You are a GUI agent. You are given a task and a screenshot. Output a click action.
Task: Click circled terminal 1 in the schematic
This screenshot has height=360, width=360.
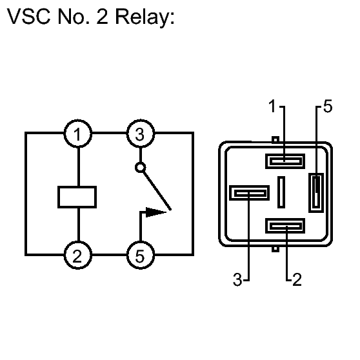pos(78,134)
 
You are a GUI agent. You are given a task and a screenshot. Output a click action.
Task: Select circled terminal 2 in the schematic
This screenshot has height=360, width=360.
pos(78,255)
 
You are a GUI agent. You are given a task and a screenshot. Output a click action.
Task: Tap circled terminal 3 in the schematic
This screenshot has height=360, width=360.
pos(141,134)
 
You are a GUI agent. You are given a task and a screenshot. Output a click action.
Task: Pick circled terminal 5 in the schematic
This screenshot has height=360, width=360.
pos(141,255)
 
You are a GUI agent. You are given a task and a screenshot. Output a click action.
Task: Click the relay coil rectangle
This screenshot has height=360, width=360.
pos(77,197)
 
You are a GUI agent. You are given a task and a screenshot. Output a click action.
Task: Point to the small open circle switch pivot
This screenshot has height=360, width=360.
pos(140,168)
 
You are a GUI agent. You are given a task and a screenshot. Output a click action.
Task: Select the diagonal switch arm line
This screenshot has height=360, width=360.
pos(157,190)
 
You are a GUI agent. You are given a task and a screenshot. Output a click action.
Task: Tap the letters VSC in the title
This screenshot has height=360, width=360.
pos(28,17)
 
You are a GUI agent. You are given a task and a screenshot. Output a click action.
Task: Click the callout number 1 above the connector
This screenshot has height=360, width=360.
pos(272,106)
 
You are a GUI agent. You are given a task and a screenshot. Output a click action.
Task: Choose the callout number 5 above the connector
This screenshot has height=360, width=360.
pos(328,106)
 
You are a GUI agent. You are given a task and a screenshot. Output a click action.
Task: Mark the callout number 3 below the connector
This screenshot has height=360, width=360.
pos(237,279)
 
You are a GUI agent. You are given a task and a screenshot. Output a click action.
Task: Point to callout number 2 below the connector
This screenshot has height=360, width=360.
pos(297,279)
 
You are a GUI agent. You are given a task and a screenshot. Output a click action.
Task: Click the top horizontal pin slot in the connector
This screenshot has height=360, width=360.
pos(285,161)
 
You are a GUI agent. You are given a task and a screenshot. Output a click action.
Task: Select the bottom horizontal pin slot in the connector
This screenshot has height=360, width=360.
pos(285,226)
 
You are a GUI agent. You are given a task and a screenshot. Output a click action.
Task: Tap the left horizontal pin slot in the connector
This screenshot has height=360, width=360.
pos(249,193)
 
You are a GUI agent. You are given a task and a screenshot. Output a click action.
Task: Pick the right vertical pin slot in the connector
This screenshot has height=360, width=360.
pos(316,193)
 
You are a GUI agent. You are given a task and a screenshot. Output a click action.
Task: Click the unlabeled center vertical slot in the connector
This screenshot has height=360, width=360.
pos(281,192)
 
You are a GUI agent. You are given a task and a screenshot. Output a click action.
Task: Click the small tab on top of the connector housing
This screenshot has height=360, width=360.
pos(275,139)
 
